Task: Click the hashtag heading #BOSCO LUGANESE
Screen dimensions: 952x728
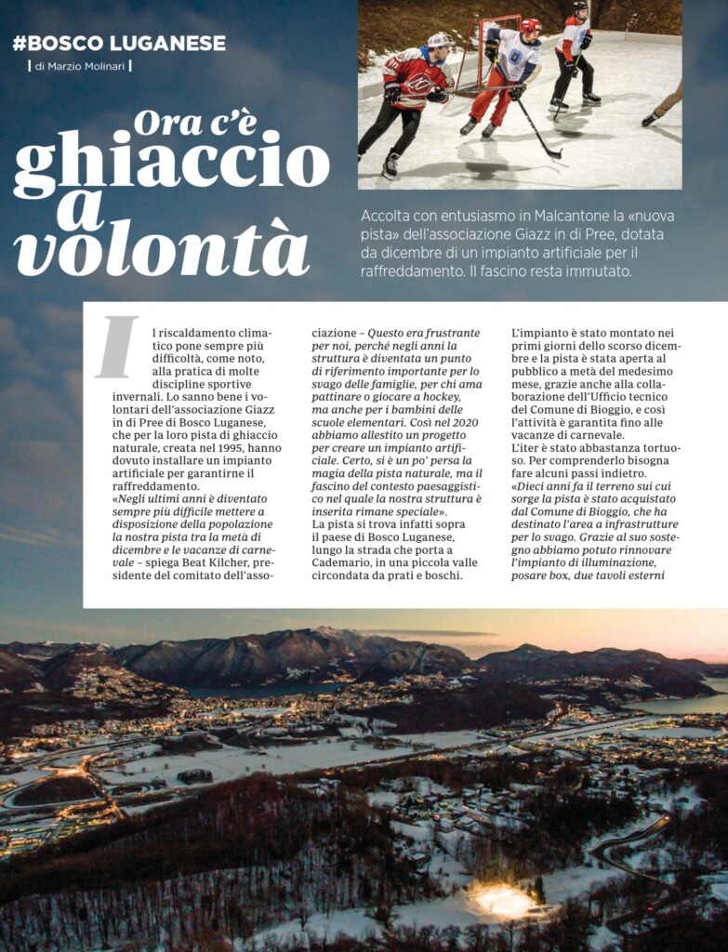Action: (119, 43)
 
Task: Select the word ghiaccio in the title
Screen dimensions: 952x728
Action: (172, 159)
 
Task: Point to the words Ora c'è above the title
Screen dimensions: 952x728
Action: (194, 122)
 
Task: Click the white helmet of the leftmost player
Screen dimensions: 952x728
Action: (439, 41)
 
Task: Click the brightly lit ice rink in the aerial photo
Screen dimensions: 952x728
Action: (503, 899)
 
